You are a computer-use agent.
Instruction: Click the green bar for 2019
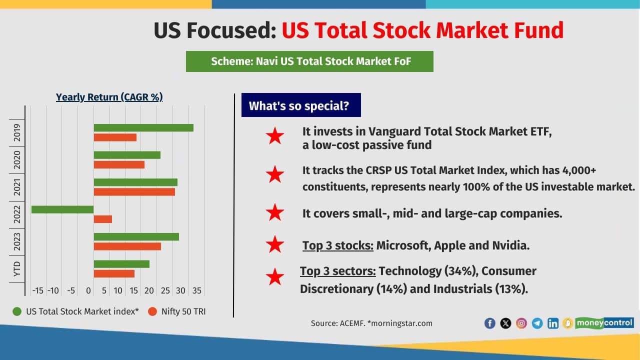(x=143, y=127)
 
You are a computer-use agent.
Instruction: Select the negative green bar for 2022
(x=62, y=209)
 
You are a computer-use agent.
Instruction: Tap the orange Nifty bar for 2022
(x=103, y=219)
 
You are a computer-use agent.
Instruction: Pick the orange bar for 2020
(x=119, y=164)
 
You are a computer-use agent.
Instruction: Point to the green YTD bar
(x=121, y=264)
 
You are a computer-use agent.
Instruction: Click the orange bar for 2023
(x=127, y=246)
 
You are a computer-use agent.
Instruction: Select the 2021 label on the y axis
(x=17, y=187)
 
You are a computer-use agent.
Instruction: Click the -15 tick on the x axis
(x=37, y=290)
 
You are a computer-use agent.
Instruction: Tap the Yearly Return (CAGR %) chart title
(x=109, y=97)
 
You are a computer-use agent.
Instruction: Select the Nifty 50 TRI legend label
(x=183, y=311)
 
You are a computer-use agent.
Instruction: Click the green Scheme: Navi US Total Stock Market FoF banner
(x=309, y=61)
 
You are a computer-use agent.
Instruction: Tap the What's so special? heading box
(x=300, y=105)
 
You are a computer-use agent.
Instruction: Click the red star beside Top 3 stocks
(x=275, y=245)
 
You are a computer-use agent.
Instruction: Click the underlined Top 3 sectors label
(x=338, y=271)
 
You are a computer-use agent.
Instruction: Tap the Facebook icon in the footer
(x=490, y=323)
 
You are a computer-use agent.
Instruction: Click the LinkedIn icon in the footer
(x=553, y=323)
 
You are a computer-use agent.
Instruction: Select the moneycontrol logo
(x=604, y=322)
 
